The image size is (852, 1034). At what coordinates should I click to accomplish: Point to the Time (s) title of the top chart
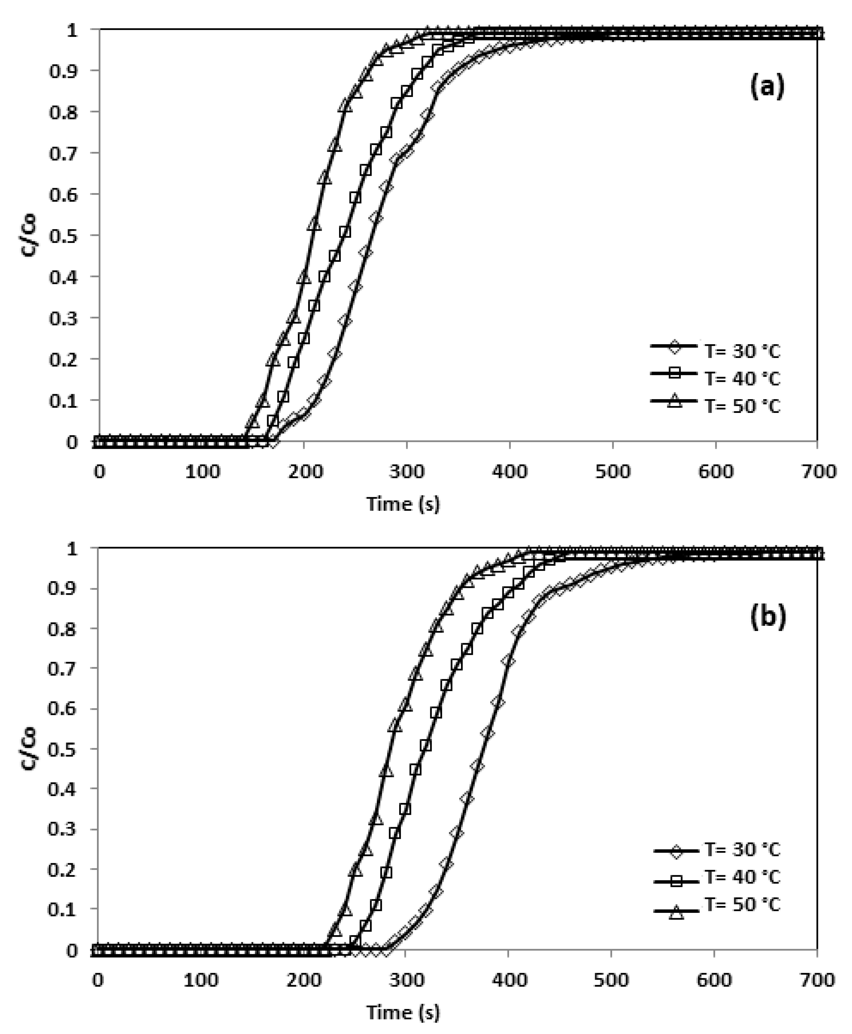(403, 504)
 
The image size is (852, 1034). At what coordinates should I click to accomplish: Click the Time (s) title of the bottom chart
(403, 1012)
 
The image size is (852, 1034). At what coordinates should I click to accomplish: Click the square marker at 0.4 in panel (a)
(324, 276)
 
